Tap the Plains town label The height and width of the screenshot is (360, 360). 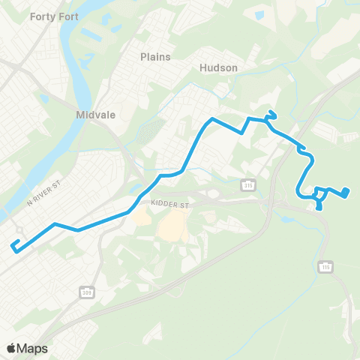tap(155, 56)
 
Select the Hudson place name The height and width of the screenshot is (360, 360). tap(218, 67)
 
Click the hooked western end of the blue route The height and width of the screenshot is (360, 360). tap(13, 244)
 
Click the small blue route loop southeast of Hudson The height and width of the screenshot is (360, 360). tap(272, 115)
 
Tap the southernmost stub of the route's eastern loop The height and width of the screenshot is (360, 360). tap(322, 208)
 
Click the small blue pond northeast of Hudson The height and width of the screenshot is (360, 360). tap(259, 13)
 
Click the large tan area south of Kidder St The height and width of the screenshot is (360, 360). tap(173, 224)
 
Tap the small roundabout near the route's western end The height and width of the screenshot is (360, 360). tap(20, 229)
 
